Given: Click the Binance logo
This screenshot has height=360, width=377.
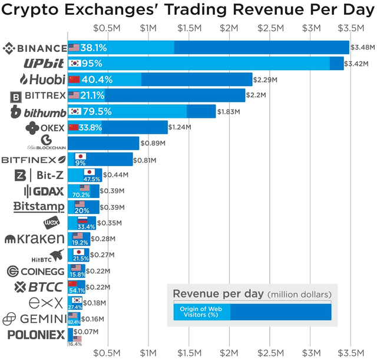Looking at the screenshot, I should pos(35,48).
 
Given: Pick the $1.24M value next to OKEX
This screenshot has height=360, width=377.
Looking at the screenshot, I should pos(180,127).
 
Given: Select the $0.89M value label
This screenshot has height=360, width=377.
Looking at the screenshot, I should pos(153,143).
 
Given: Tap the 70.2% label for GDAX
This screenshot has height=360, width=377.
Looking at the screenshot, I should pos(81,194).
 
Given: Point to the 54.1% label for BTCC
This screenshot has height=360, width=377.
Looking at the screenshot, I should pos(77,290).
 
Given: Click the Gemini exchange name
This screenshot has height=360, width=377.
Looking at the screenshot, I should pos(34,319).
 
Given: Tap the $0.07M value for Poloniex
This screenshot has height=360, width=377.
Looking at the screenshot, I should pos(87,332).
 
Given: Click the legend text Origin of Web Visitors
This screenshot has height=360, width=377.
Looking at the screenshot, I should pos(200,312).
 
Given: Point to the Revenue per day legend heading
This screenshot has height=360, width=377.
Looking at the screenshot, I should pos(218,293).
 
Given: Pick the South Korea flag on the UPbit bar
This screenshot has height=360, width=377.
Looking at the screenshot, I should pos(75,63).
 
